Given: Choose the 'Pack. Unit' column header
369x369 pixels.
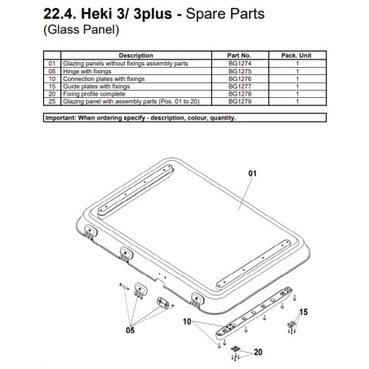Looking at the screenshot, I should pos(297,56).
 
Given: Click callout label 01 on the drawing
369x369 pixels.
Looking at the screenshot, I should pos(252,173).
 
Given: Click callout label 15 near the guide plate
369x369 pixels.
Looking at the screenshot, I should pos(302,311).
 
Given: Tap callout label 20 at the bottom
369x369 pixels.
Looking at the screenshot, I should pos(259,353).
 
